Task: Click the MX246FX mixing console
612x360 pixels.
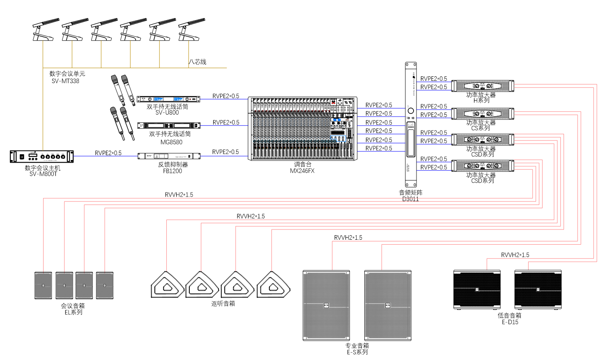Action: (302, 128)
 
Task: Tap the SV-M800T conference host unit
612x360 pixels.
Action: (42, 156)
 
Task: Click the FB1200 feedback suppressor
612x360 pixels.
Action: (169, 156)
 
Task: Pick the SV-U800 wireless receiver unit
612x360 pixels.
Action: (168, 99)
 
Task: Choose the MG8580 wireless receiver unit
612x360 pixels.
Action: (169, 125)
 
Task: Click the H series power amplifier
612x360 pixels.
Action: (483, 86)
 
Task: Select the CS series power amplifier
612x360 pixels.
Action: (483, 114)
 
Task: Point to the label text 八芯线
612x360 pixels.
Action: (198, 62)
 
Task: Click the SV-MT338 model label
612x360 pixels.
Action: (65, 81)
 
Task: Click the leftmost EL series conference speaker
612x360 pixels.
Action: (43, 285)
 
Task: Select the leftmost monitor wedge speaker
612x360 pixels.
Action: (167, 284)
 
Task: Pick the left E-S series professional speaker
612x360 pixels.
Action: (326, 305)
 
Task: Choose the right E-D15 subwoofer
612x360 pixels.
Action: (538, 289)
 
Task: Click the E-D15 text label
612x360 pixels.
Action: (510, 322)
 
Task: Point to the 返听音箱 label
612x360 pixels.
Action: (223, 304)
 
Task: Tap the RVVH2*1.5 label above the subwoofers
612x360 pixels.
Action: (515, 255)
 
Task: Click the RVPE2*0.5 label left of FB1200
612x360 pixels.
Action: (108, 153)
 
